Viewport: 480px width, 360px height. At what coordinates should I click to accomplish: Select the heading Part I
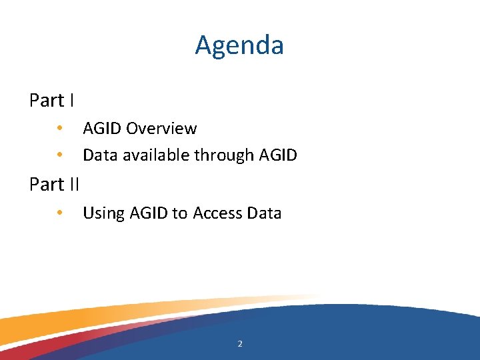(51, 101)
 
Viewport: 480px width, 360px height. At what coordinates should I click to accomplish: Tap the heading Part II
(54, 185)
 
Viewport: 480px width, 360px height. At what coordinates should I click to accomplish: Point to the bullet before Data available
(59, 155)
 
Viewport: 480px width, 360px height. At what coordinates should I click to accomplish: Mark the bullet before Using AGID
(59, 213)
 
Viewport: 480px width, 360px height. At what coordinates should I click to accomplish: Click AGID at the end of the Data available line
(278, 155)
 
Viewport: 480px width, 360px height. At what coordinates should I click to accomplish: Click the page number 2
(240, 344)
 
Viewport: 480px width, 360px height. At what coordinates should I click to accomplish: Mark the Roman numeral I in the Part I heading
(71, 101)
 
